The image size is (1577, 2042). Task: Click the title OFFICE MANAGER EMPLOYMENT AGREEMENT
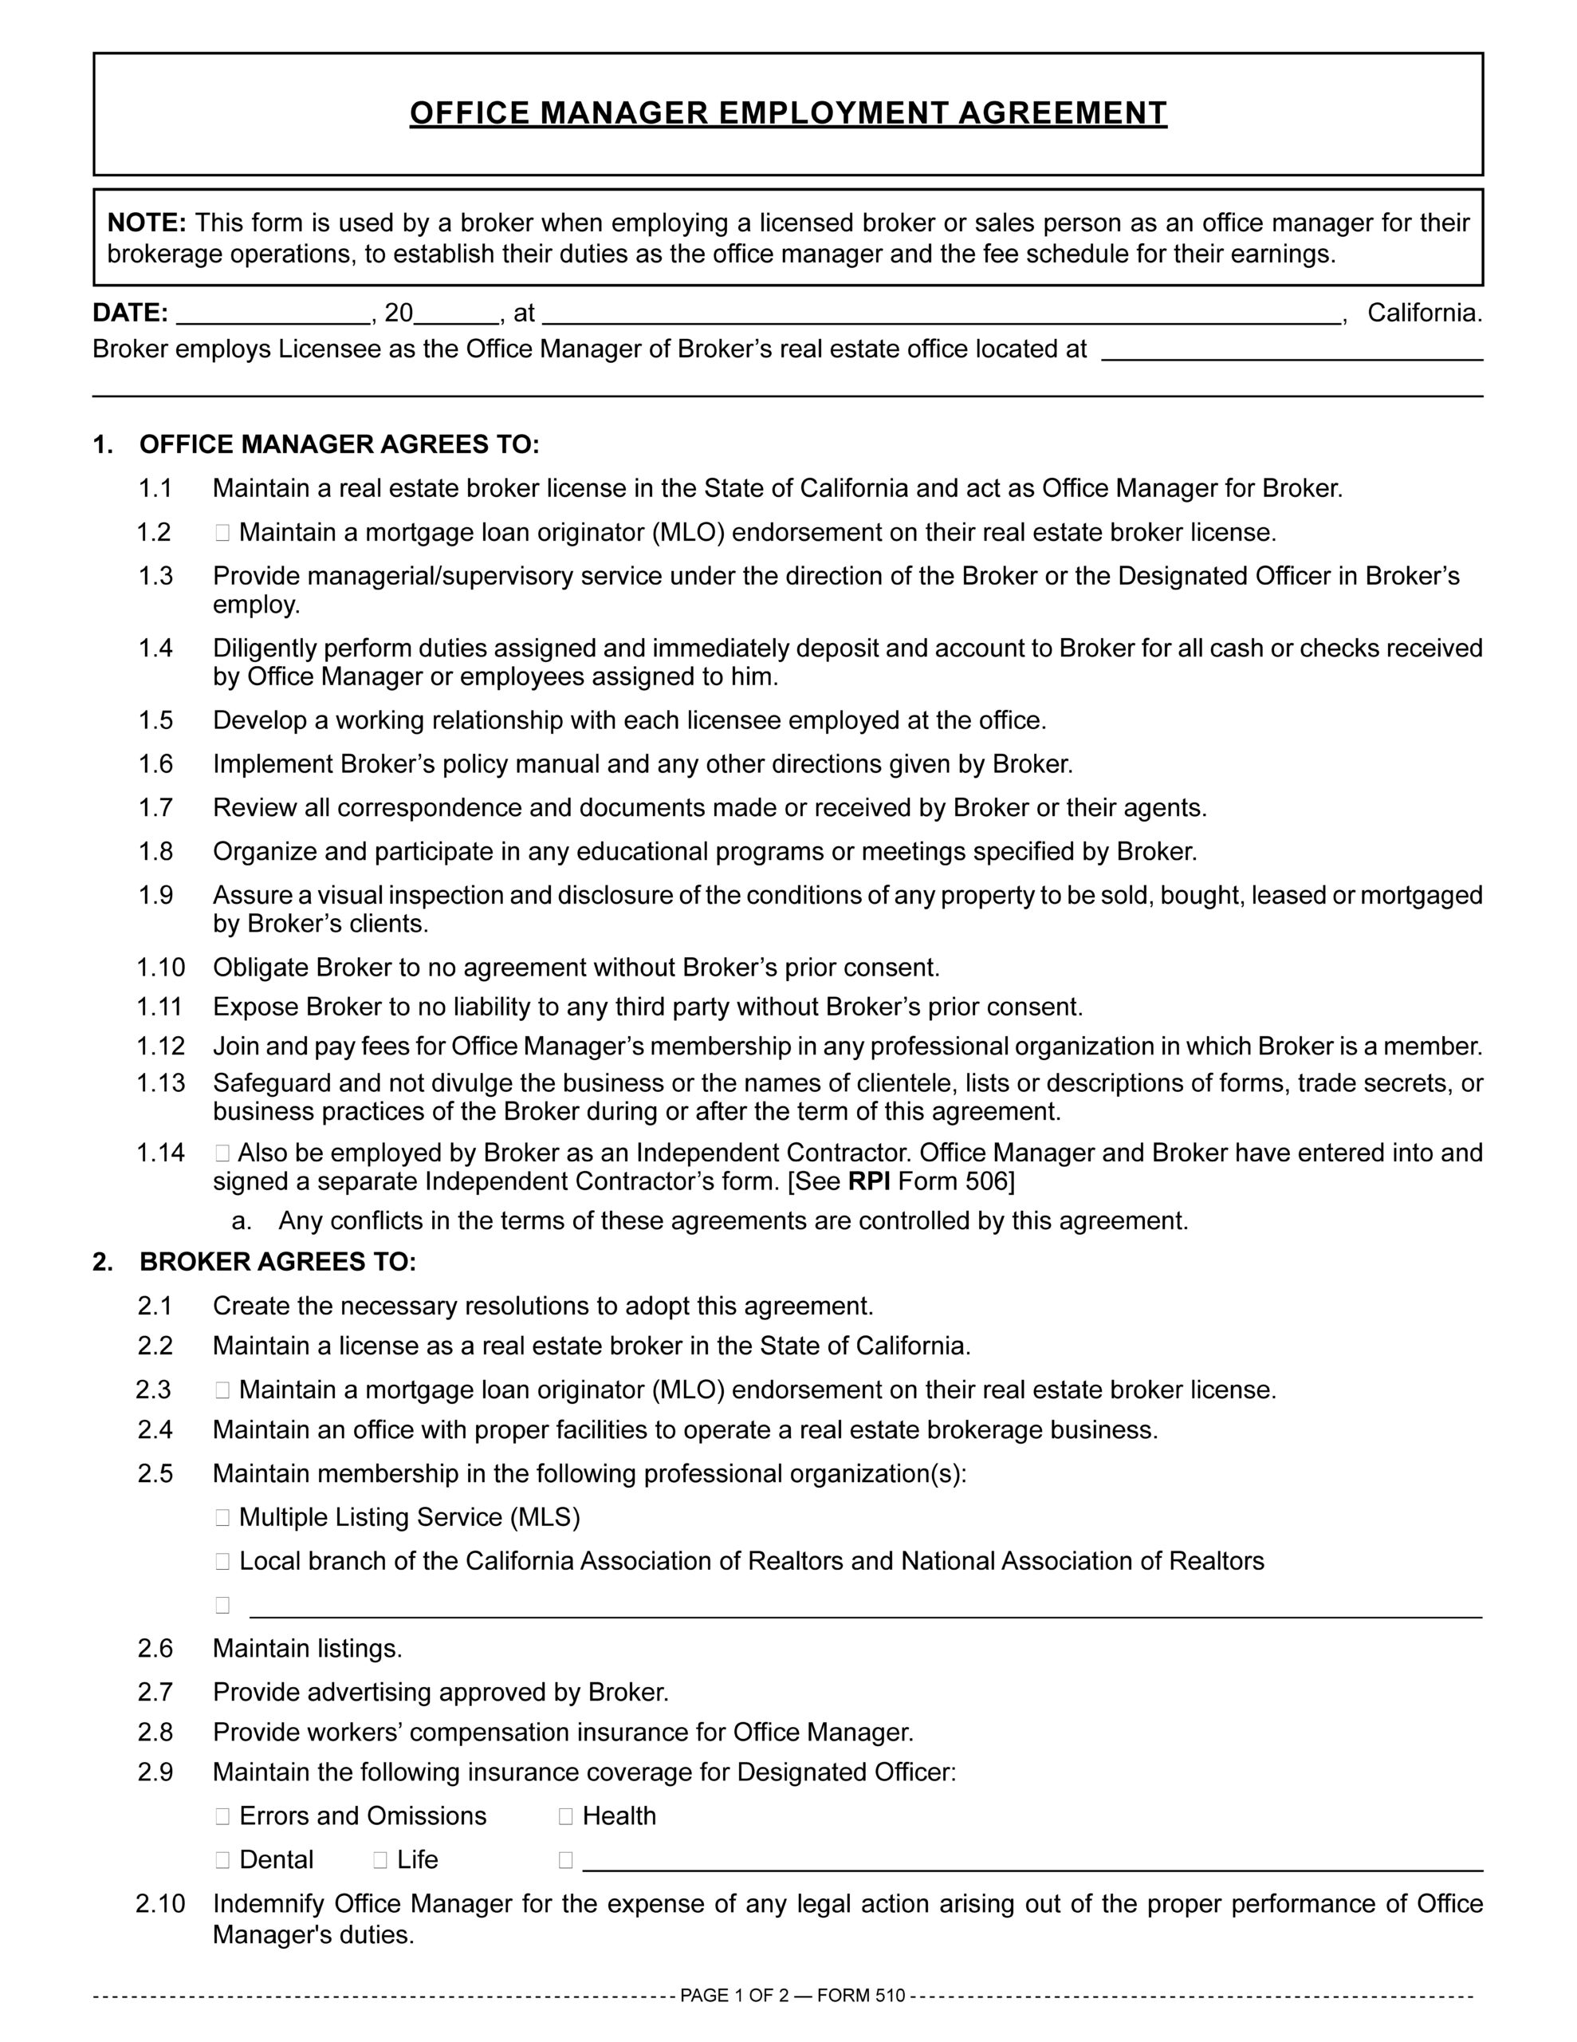coord(788,113)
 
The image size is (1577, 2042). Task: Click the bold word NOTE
coord(147,223)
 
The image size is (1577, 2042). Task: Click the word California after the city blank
coord(1423,313)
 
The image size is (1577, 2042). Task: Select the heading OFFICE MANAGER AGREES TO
coord(340,444)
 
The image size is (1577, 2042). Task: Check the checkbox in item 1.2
coord(222,533)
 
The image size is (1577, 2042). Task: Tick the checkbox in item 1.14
coord(222,1153)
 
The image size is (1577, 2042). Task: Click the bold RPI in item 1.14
coord(868,1182)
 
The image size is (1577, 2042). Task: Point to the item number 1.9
coord(155,896)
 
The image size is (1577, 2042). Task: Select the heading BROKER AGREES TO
coord(277,1262)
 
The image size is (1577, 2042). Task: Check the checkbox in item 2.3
coord(222,1390)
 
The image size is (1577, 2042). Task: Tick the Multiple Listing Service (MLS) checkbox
coord(222,1517)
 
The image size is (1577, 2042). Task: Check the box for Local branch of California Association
coord(222,1562)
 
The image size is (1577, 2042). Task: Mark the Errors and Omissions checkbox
coord(222,1817)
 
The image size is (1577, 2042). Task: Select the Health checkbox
coord(565,1817)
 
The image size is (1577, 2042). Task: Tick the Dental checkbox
coord(222,1861)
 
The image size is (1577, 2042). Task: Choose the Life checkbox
coord(380,1861)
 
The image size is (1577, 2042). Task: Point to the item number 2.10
coord(161,1905)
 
